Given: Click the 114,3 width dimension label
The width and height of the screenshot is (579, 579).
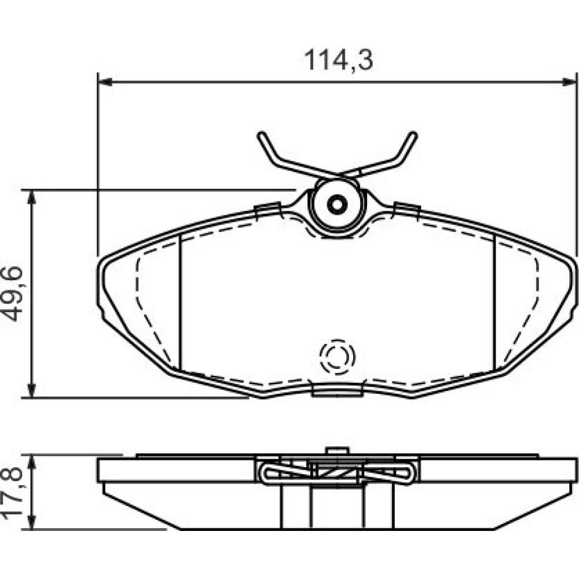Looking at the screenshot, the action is tap(338, 60).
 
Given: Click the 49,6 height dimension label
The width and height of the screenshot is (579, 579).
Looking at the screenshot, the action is tap(13, 294).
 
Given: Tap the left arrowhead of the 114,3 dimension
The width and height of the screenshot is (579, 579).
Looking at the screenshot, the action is tap(105, 82).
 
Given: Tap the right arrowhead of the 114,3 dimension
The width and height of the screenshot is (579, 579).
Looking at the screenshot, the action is tap(569, 82).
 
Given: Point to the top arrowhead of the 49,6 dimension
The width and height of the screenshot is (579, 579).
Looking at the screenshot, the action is tap(32, 197).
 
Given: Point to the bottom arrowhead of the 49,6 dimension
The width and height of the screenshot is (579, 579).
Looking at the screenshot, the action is tap(32, 391).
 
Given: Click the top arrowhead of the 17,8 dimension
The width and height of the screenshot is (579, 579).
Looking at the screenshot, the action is tap(32, 462).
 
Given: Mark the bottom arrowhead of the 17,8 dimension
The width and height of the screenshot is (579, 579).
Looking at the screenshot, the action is tap(32, 523).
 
